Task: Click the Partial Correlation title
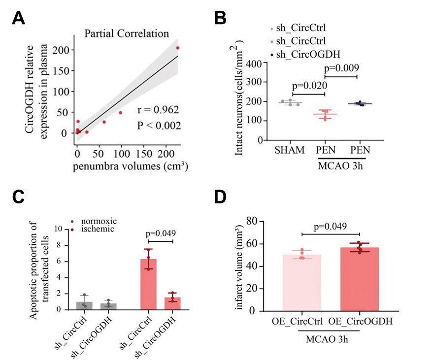[x=127, y=34]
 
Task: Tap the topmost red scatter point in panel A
[x=178, y=48]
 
